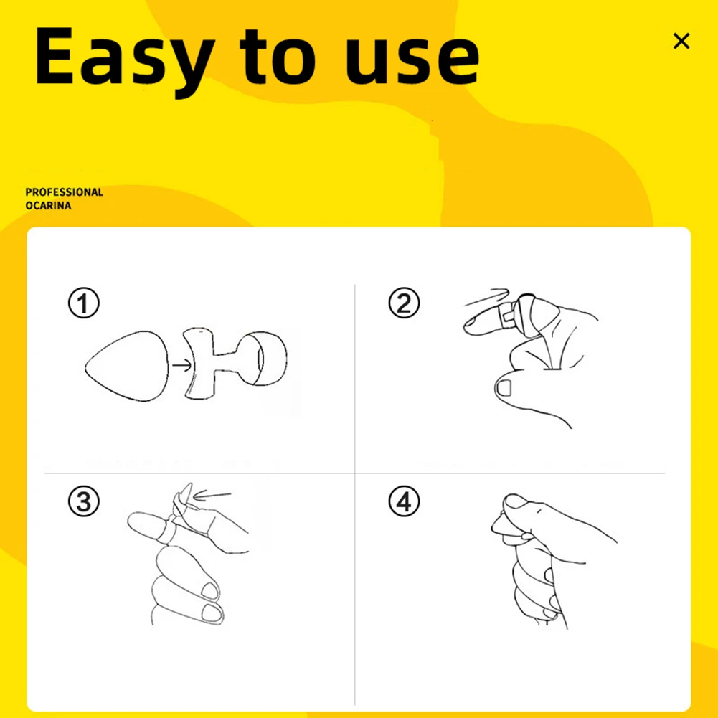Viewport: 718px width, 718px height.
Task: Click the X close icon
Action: coord(681,41)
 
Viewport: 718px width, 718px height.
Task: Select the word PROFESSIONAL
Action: coord(65,192)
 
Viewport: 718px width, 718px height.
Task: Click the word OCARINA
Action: coord(48,206)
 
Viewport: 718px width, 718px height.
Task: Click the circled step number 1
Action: coord(83,303)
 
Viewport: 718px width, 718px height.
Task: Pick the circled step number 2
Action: coord(404,303)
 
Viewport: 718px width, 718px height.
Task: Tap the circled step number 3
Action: coord(83,501)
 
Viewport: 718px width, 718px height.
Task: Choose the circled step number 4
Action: coord(404,501)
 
